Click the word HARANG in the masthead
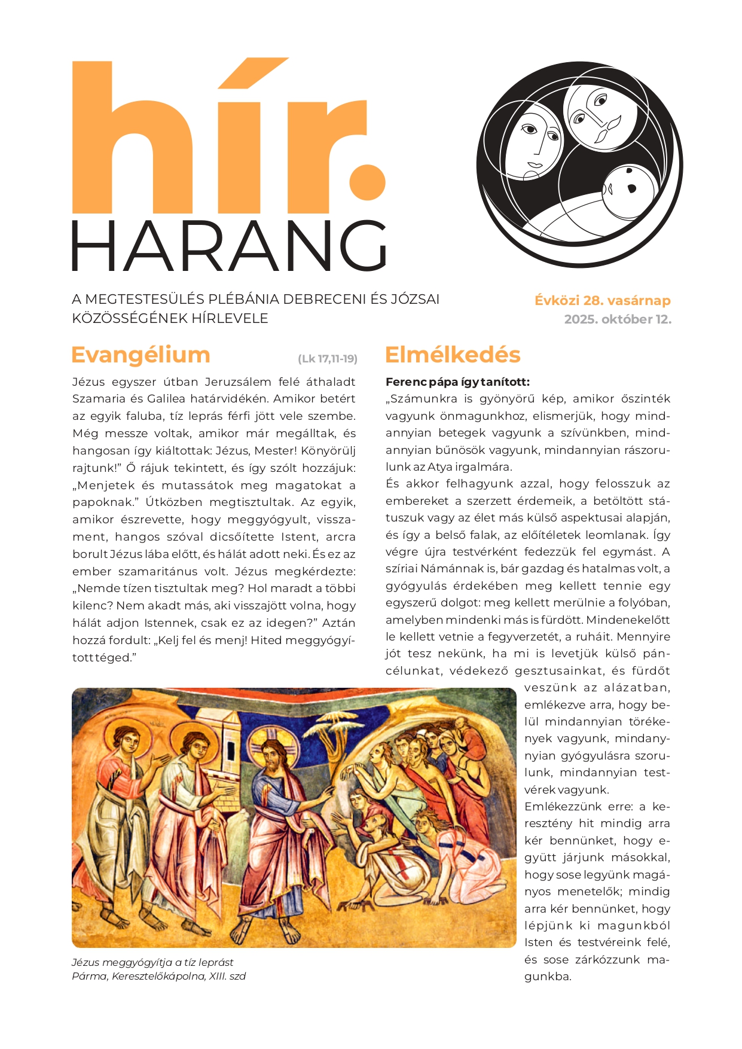click(230, 246)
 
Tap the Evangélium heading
click(141, 355)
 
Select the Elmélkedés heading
click(453, 355)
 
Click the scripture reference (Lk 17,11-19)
click(328, 359)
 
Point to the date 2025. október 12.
click(618, 319)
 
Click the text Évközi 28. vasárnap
click(603, 300)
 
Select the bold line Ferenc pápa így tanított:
click(457, 382)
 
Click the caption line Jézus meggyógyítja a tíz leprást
click(152, 962)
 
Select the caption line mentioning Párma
click(158, 977)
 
